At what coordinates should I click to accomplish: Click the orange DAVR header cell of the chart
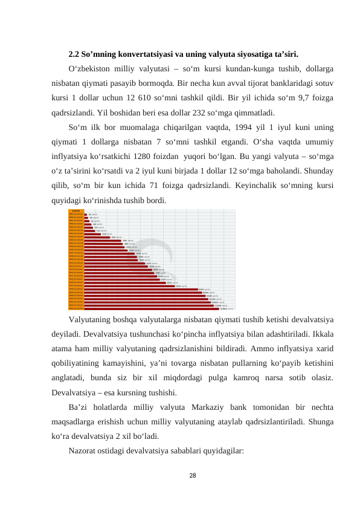pyautogui.click(x=76, y=211)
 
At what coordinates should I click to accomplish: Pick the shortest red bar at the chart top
pyautogui.click(x=86, y=215)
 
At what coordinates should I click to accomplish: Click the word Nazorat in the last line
pyautogui.click(x=83, y=450)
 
